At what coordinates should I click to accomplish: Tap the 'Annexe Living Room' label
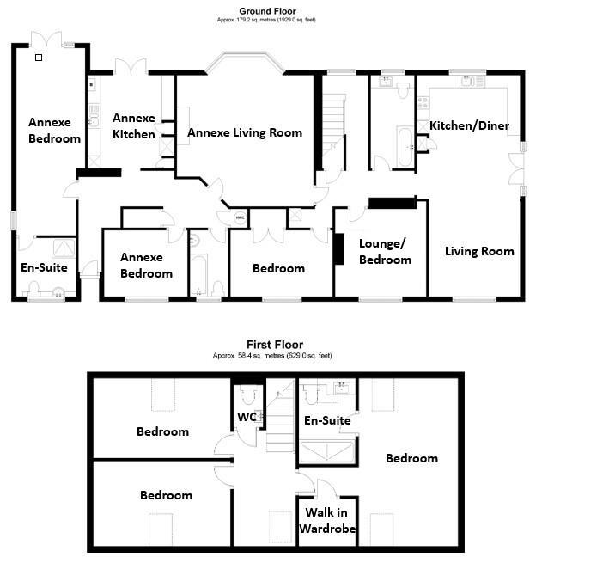244,132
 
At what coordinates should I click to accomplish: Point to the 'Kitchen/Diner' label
469,125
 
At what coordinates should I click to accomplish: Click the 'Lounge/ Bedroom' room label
384,251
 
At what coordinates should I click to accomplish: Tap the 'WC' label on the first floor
247,418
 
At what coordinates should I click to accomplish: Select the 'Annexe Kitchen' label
134,126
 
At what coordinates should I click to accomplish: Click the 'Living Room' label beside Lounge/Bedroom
479,251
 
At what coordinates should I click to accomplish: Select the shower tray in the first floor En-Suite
326,452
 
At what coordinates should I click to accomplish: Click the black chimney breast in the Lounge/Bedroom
339,249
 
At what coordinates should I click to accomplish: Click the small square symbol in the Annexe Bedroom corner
38,58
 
